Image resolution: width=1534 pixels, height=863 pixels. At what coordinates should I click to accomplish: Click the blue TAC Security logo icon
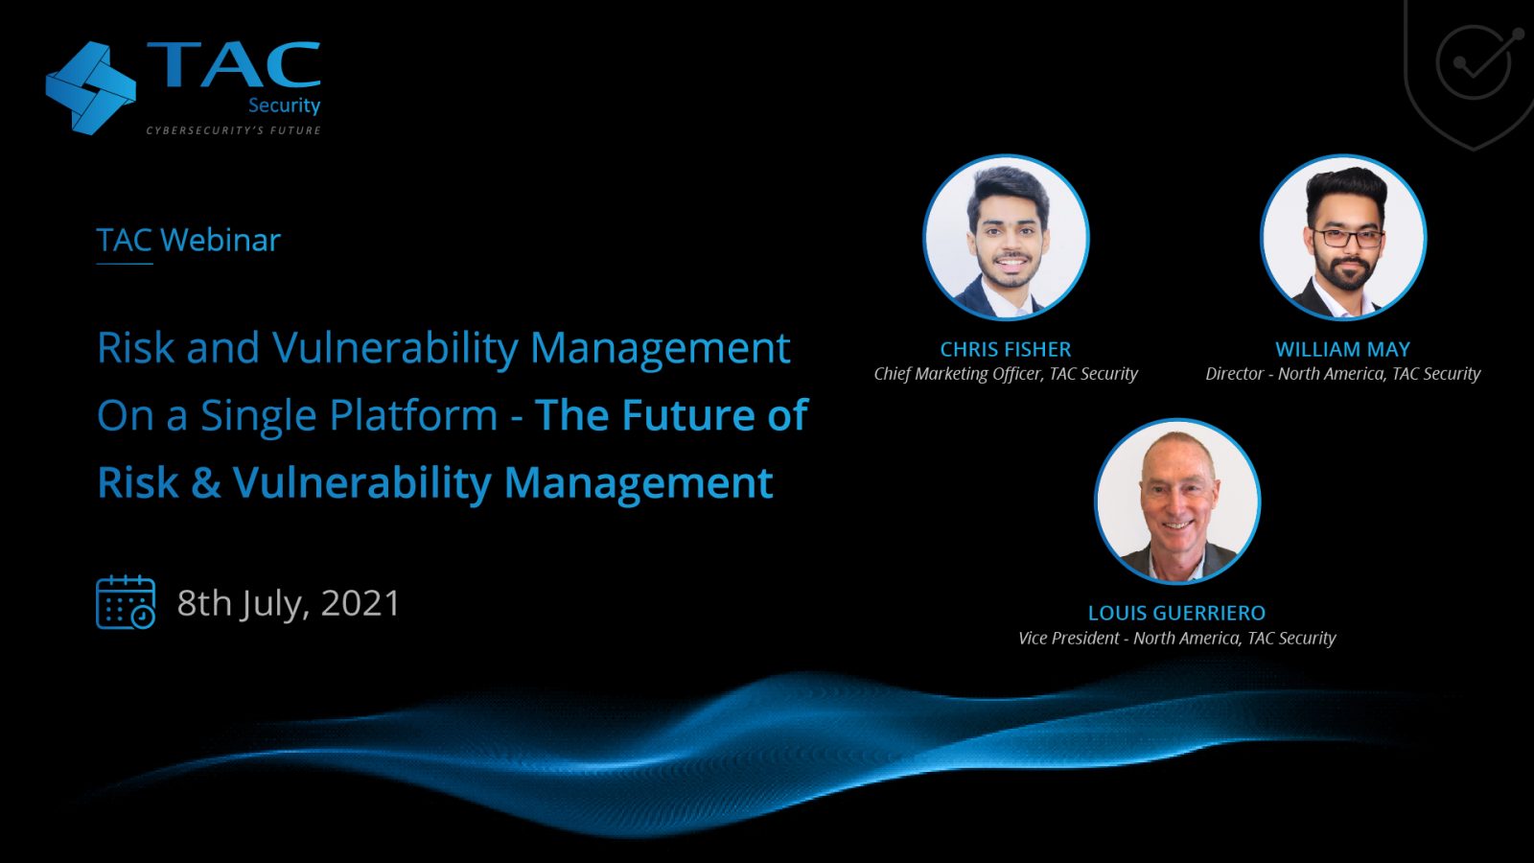[90, 88]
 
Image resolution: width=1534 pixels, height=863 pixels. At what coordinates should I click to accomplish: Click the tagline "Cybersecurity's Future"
[234, 130]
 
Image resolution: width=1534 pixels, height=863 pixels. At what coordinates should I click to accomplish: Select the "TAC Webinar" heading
[188, 240]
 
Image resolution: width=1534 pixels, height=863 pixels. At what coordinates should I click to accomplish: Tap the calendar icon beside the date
[126, 602]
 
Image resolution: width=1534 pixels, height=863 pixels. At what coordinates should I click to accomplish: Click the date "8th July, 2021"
[289, 603]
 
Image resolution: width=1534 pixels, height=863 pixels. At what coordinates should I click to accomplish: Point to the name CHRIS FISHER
[1006, 349]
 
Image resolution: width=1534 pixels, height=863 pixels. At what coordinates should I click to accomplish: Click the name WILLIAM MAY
[1342, 349]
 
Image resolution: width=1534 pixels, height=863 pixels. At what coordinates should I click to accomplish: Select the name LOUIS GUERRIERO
[1176, 613]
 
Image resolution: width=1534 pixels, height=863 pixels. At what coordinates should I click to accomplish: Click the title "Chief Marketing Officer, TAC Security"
[1006, 374]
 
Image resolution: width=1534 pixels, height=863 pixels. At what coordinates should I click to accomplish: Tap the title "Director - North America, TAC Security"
[1343, 374]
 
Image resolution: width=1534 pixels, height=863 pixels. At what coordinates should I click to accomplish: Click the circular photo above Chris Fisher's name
[1006, 237]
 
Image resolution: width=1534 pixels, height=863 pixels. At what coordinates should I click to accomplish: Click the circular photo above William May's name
[1343, 237]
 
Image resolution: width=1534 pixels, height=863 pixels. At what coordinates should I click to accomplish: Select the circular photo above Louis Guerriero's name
[1177, 501]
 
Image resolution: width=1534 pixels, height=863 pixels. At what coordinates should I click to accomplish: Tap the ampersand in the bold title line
[206, 483]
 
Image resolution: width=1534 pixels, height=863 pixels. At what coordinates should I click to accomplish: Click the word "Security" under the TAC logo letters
[284, 106]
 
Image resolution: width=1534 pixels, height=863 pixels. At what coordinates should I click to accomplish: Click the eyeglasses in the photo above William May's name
[1348, 238]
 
